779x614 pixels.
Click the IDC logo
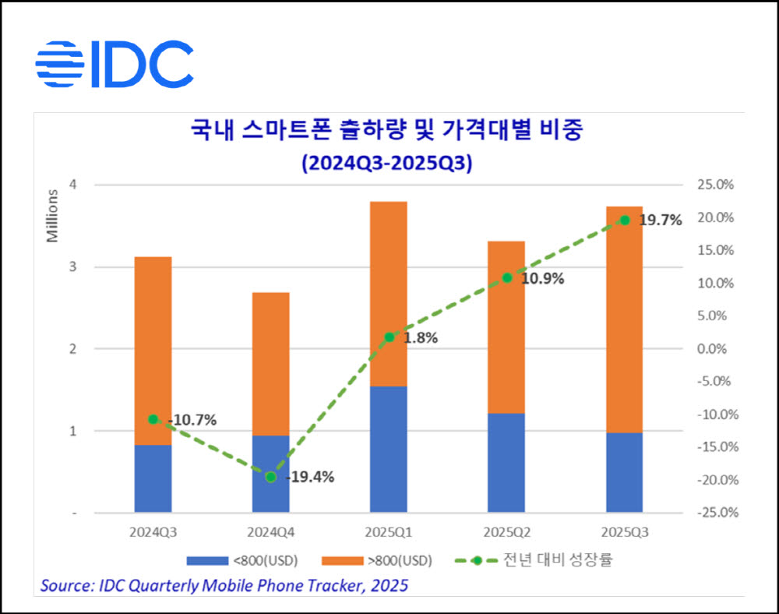click(x=115, y=64)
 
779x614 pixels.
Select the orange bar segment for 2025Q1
click(x=389, y=294)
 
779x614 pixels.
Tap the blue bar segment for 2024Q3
click(x=153, y=478)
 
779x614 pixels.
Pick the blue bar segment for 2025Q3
click(x=624, y=472)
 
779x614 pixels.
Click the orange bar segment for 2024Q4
click(x=271, y=364)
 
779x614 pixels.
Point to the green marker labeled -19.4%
click(x=271, y=477)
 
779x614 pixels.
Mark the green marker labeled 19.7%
click(x=624, y=220)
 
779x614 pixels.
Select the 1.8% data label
click(x=421, y=338)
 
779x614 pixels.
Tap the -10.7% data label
click(x=192, y=420)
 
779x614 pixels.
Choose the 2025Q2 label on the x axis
click(x=506, y=533)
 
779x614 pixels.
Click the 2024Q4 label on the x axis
click(x=271, y=533)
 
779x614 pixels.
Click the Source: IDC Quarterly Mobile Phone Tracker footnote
click(x=224, y=584)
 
